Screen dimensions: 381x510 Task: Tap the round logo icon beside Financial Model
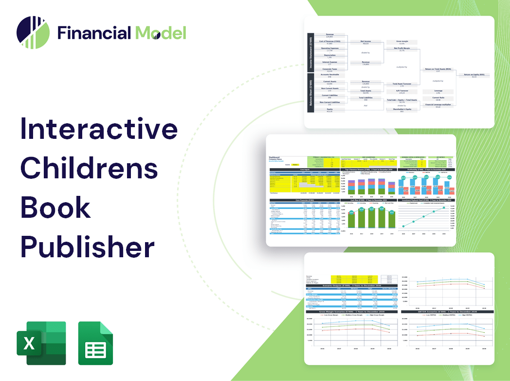pos(33,33)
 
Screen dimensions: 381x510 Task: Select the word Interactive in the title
pos(99,129)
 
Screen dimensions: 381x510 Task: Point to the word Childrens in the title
pos(89,168)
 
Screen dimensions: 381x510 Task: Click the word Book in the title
pos(55,207)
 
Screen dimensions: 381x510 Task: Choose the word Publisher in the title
pos(87,247)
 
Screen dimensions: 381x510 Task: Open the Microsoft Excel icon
pos(40,343)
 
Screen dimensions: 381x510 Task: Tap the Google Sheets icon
pos(95,343)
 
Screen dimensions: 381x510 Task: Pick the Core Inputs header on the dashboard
pos(306,170)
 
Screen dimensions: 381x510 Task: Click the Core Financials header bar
pos(306,200)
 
